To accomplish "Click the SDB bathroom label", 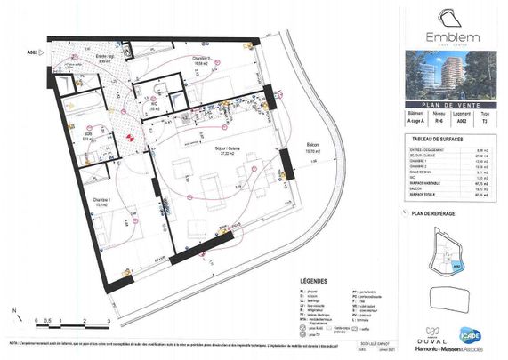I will (x=85, y=136).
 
